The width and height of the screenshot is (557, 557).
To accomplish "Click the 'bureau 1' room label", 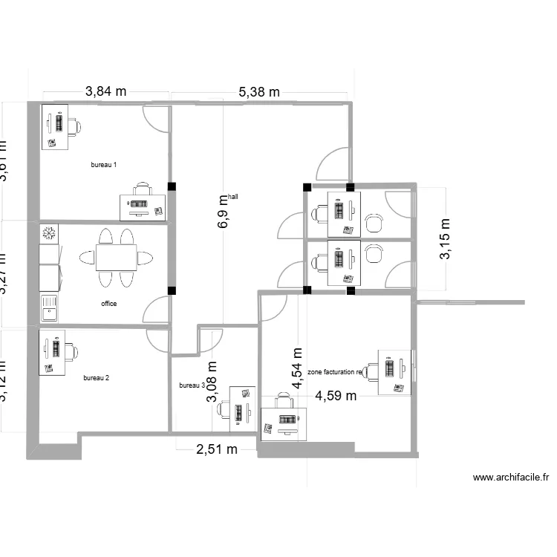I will pos(104,165).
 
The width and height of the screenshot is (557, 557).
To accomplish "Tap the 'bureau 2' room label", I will pos(97,378).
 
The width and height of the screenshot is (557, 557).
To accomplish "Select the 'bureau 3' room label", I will pos(192,385).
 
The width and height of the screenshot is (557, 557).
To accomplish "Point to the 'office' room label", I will pos(109,304).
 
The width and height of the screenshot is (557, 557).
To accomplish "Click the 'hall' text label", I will pos(234,197).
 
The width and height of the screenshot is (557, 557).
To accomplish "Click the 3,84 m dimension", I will pos(106,92).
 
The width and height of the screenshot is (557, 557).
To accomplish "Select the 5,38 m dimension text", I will pos(258,92).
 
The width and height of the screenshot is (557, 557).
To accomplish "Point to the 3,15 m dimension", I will pos(446,239).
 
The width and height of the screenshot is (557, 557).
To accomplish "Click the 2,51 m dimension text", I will pos(216,449).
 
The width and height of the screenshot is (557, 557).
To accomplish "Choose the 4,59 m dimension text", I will pos(336,396).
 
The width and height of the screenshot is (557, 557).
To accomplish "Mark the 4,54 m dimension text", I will pos(298,369).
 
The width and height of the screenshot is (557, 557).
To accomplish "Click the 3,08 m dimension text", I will pos(212,382).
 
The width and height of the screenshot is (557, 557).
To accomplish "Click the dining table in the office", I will pos(115,258).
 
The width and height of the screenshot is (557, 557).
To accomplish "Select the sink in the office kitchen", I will pos(49,307).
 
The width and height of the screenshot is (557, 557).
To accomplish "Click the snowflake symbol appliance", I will pos(49,234).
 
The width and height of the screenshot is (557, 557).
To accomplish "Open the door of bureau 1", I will pos(157,119).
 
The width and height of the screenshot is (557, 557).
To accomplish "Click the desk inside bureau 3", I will pos(242,408).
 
